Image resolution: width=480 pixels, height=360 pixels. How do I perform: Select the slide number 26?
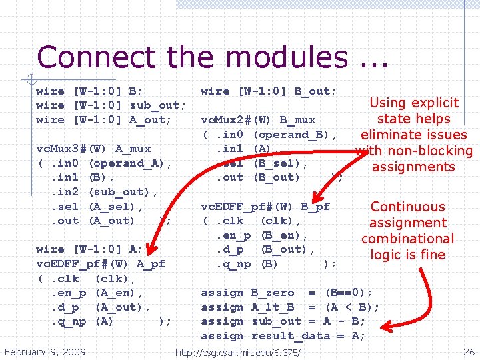(469, 351)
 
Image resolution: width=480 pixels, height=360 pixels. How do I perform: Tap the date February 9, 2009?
(45, 351)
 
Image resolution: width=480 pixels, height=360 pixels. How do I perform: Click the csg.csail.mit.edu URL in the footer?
(237, 352)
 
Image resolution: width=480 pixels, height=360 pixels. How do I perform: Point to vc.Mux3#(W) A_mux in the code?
(94, 149)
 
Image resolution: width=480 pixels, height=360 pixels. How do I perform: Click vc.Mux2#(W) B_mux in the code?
(258, 120)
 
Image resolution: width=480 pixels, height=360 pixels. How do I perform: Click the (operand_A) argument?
(130, 163)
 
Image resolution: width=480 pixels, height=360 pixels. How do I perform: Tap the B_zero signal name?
(272, 293)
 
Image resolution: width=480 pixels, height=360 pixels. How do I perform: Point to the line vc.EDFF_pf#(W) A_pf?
(101, 264)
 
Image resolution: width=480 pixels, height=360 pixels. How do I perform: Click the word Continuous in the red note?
(407, 207)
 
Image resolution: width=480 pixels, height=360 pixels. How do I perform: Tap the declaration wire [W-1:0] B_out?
(269, 91)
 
